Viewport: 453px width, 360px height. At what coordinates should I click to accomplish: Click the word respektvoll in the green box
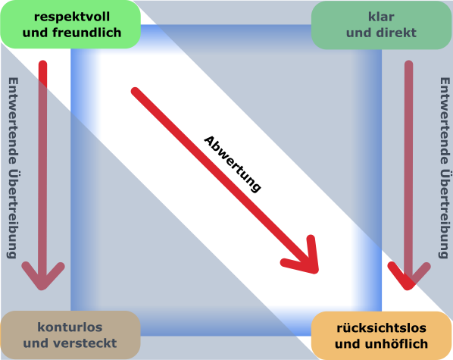click(x=72, y=17)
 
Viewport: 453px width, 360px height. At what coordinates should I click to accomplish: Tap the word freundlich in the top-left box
click(x=86, y=33)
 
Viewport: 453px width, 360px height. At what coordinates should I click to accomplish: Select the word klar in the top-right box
click(x=381, y=17)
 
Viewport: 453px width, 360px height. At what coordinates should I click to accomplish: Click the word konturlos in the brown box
click(x=70, y=327)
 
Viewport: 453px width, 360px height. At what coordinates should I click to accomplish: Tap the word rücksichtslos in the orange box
click(x=381, y=328)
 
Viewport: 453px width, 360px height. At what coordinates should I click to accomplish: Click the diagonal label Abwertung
click(x=233, y=164)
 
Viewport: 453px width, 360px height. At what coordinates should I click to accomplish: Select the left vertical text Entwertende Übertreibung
click(x=13, y=167)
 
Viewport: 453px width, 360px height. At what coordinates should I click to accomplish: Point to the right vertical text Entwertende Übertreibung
click(x=445, y=167)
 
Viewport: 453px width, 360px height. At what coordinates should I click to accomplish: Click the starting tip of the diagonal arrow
click(x=135, y=91)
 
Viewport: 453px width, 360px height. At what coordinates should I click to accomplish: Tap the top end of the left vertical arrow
click(x=42, y=64)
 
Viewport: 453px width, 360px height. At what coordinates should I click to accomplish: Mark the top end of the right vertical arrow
click(x=408, y=64)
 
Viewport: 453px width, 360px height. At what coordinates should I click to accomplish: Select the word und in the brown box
click(x=36, y=343)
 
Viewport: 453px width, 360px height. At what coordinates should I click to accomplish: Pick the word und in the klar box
click(x=359, y=33)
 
